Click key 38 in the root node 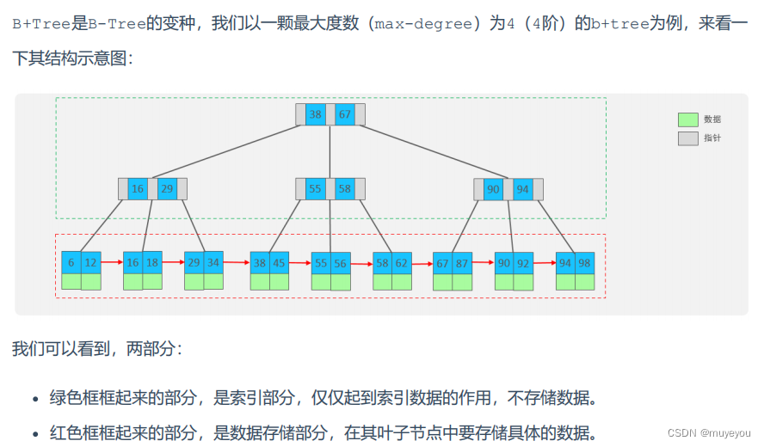[x=316, y=114]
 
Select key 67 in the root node [x=345, y=114]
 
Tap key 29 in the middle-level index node [x=167, y=189]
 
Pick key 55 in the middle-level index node [x=316, y=189]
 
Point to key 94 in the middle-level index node [x=523, y=189]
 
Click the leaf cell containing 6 [x=71, y=263]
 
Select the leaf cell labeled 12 [x=90, y=263]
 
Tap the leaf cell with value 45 [x=279, y=263]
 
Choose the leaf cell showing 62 [x=401, y=263]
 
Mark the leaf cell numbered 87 [x=462, y=263]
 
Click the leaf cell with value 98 [x=585, y=263]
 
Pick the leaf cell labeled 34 [x=213, y=263]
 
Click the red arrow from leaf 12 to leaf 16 [x=112, y=262]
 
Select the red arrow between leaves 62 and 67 [x=422, y=262]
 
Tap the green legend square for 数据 [x=687, y=119]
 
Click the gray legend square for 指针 [x=687, y=138]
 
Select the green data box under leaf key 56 [x=341, y=281]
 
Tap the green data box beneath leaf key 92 [x=523, y=281]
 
